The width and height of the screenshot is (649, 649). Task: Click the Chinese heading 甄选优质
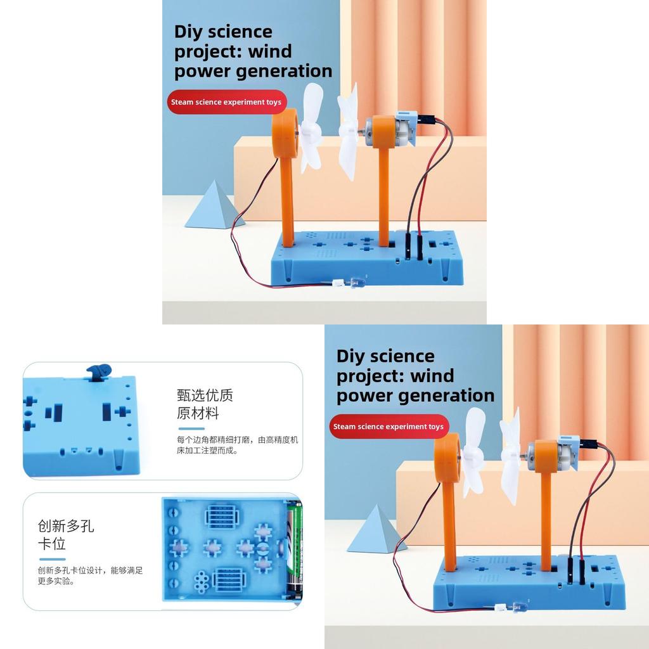point(205,395)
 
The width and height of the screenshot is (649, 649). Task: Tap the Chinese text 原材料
point(198,413)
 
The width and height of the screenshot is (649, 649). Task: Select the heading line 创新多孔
point(66,526)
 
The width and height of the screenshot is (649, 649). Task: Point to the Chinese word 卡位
point(52,544)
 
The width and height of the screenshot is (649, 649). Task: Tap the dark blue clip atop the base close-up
point(99,371)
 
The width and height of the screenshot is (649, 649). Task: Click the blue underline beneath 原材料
point(191,429)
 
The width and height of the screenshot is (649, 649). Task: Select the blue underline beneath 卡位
point(52,559)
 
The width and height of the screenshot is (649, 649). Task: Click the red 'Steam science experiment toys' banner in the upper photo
point(227,102)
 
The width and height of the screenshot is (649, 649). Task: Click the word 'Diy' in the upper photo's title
point(187,32)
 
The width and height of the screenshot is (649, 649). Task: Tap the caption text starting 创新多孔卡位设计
point(90,575)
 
